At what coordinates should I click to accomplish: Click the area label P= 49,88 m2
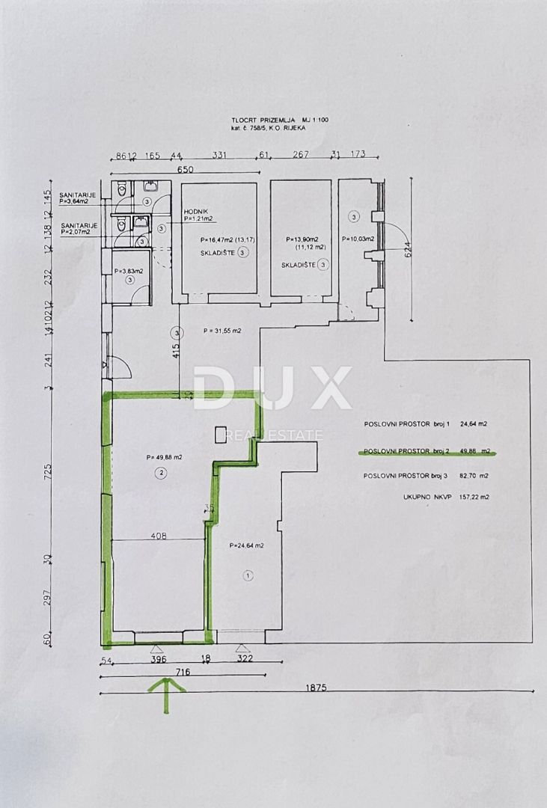tap(164, 456)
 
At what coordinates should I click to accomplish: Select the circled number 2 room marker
tap(161, 472)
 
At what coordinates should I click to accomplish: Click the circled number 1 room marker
tap(248, 575)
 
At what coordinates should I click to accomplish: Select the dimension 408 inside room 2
tap(159, 536)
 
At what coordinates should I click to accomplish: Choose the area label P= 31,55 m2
tap(224, 330)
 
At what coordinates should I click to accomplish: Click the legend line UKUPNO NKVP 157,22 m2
tap(426, 496)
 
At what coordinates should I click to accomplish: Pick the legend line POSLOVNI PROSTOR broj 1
tap(426, 424)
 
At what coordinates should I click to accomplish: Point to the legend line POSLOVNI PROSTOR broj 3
tap(426, 476)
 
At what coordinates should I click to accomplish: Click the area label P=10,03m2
tap(358, 239)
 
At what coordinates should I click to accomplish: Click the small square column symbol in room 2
tap(221, 434)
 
